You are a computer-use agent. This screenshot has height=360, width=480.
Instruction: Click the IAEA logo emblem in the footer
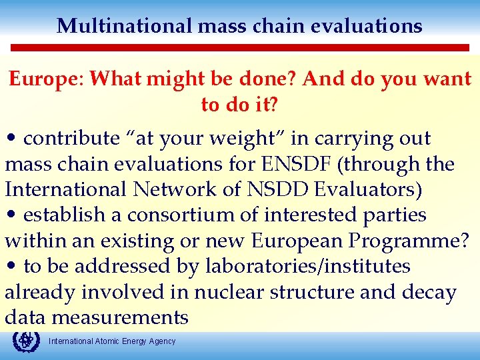(26, 341)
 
